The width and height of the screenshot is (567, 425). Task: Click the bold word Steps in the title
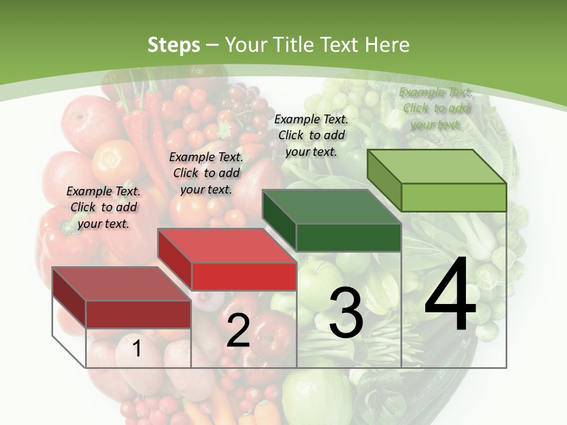point(174,45)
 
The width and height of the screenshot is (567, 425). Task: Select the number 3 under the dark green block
point(346,313)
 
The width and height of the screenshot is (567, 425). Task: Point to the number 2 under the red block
point(238,331)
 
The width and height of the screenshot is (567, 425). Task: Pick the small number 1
point(136,349)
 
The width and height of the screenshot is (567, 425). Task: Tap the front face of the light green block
point(454,197)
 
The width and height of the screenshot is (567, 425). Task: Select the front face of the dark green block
point(348,237)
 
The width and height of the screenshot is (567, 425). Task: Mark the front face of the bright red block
point(243,276)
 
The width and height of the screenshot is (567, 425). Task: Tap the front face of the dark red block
point(138,314)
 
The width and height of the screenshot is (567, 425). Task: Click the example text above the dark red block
point(103,207)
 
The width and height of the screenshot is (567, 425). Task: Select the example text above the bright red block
point(206,173)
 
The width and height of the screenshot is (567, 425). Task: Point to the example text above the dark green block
point(311,135)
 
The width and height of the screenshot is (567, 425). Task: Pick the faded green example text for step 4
point(436,108)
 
